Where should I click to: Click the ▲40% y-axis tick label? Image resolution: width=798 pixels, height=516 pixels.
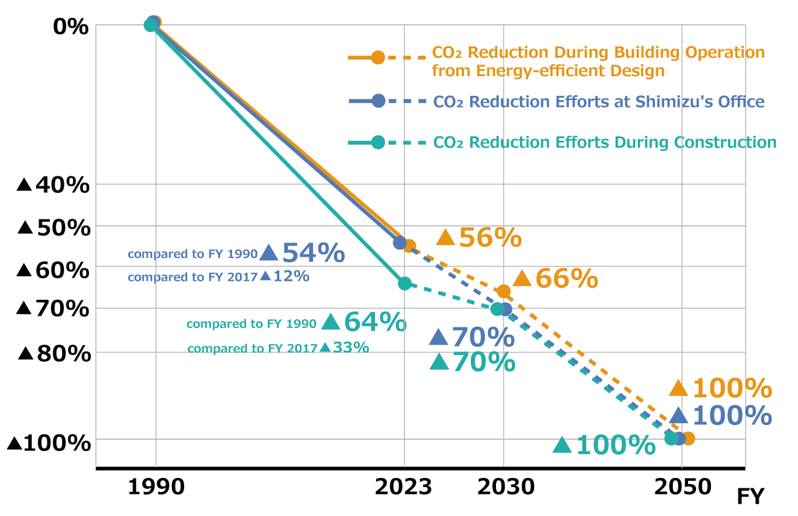[x=54, y=185]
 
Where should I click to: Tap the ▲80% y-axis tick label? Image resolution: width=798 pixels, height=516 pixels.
[x=55, y=354]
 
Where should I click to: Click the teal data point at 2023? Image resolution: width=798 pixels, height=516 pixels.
[x=405, y=283]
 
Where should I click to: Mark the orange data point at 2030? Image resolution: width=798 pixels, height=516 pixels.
[x=504, y=291]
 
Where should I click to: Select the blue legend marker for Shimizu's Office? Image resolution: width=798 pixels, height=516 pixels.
[x=378, y=101]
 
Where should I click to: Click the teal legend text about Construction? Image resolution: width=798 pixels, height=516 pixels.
[x=605, y=143]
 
